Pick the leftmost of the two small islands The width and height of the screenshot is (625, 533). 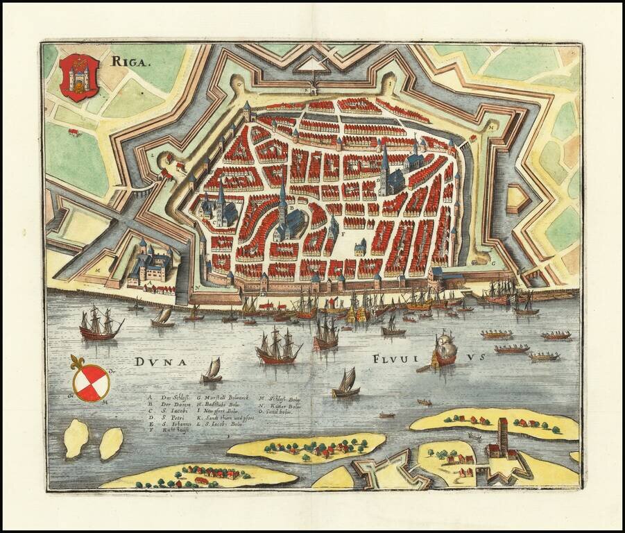[76, 439]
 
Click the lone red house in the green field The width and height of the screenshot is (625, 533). [73, 132]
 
